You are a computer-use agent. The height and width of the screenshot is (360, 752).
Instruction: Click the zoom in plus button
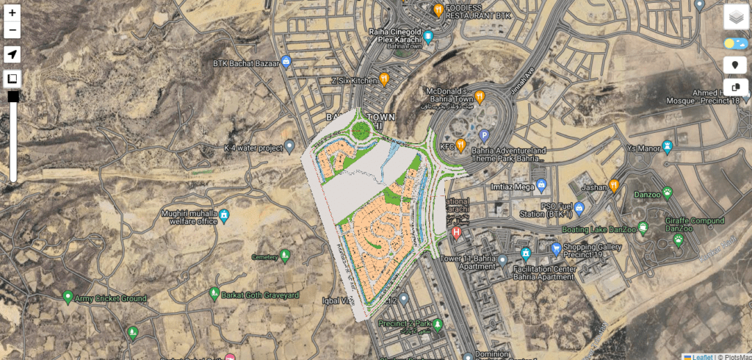12,13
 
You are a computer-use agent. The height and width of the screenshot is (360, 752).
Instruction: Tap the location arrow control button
12,54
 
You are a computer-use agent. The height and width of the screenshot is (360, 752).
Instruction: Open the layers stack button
735,16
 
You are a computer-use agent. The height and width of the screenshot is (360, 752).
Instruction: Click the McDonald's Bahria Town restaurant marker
480,96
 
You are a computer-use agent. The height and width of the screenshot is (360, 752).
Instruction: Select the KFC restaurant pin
460,145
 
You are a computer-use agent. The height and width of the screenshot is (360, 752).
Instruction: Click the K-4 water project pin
289,145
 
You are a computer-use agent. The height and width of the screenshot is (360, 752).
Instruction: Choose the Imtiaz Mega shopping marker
541,183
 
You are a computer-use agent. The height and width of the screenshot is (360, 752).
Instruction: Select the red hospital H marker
457,234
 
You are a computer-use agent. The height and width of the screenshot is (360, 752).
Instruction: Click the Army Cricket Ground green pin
68,297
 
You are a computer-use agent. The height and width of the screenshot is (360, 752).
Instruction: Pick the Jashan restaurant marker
614,185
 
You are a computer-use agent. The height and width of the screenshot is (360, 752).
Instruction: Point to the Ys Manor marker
668,146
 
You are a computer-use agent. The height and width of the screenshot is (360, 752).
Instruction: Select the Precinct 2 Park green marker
438,324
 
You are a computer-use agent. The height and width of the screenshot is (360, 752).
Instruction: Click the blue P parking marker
484,135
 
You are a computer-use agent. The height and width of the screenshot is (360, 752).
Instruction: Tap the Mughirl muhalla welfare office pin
225,215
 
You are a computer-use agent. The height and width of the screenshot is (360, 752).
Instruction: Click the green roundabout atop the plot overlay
360,132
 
